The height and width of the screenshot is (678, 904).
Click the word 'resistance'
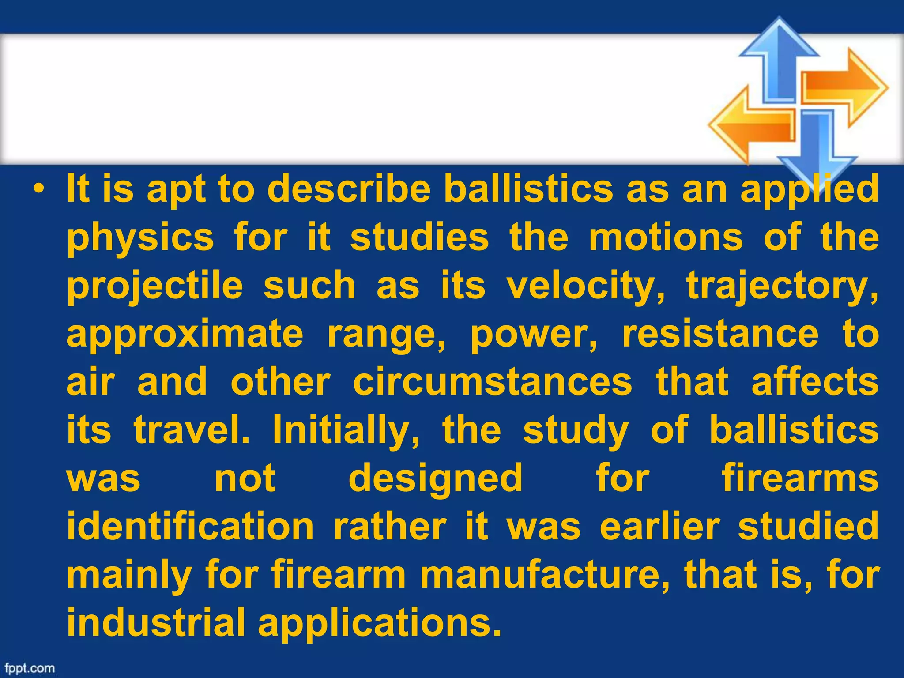[x=720, y=334]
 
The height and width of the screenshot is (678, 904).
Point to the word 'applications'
[x=380, y=624]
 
